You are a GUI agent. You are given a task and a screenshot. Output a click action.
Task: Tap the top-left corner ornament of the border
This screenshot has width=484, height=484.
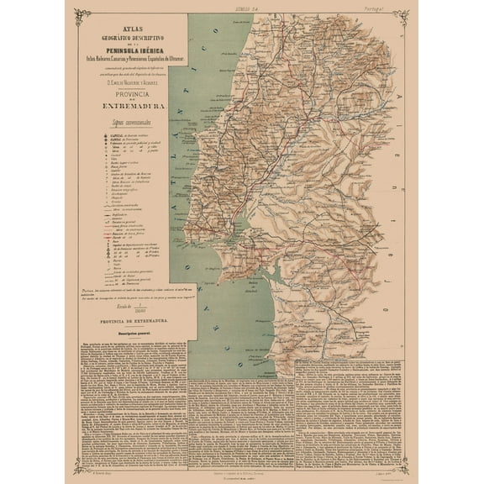82,13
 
